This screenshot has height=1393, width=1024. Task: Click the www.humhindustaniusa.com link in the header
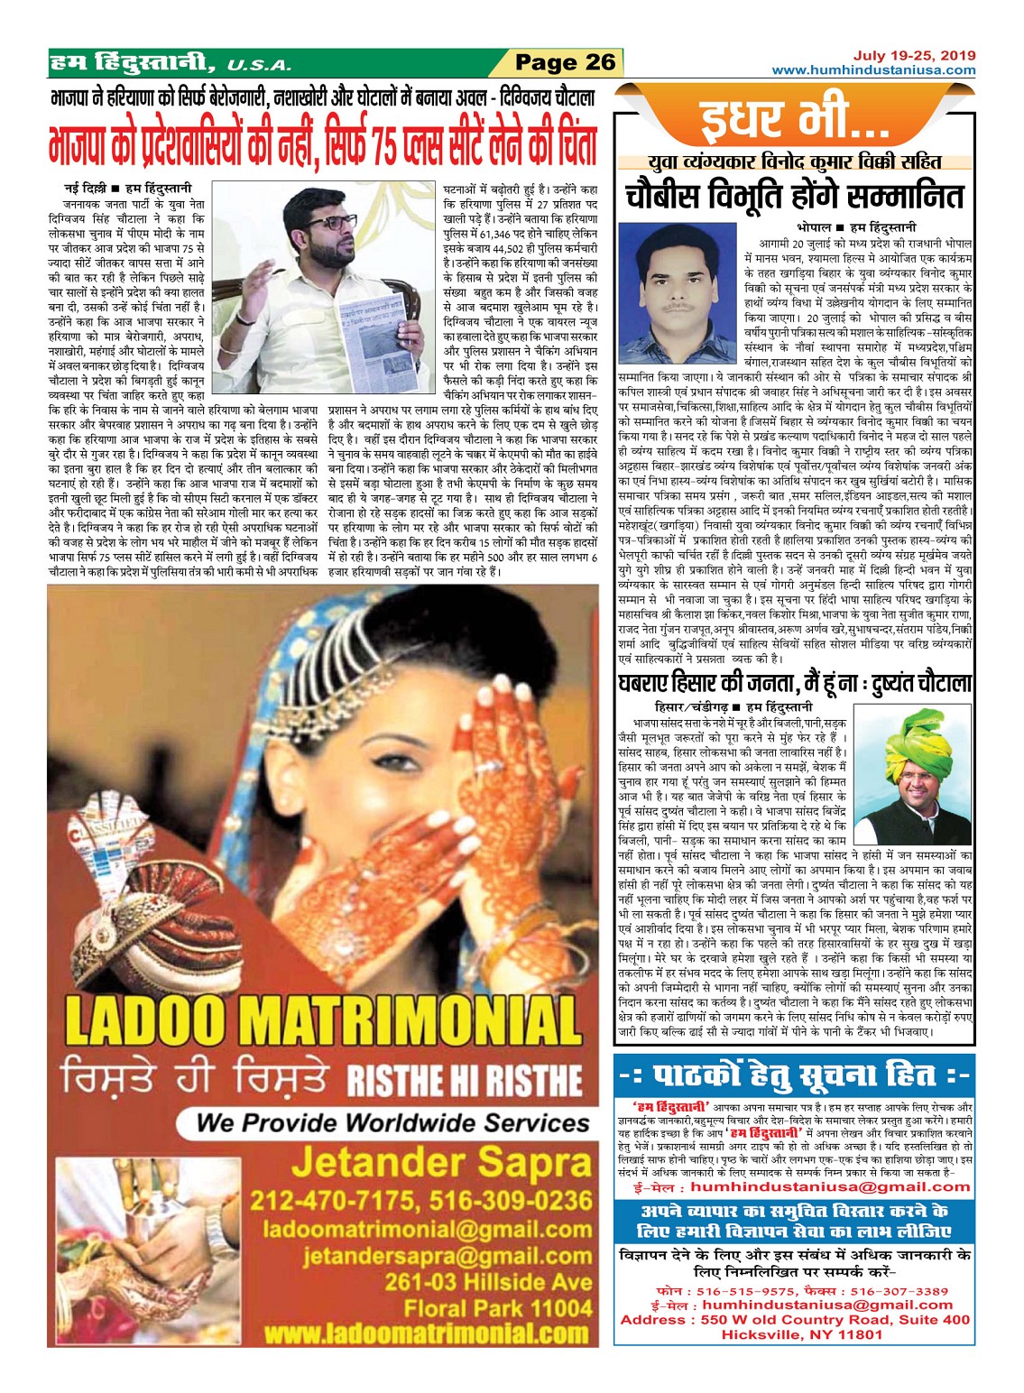pyautogui.click(x=874, y=70)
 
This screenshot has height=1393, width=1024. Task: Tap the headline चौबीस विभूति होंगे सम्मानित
pyautogui.click(x=795, y=196)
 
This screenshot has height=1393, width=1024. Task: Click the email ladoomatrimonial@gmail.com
pyautogui.click(x=428, y=1230)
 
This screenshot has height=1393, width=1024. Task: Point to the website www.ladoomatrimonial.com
pyautogui.click(x=427, y=1333)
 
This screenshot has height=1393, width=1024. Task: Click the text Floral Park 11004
pyautogui.click(x=498, y=1307)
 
